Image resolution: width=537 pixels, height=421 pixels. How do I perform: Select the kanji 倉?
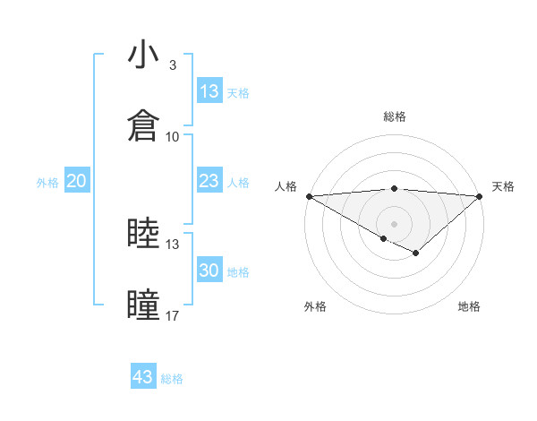pos(143,125)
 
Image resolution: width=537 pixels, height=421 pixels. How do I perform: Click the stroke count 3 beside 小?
pos(173,65)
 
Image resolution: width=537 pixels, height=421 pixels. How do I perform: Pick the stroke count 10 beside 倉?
pos(173,136)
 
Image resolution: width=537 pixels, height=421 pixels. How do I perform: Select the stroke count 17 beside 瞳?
pos(173,315)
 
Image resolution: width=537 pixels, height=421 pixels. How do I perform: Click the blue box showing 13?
pos(209,91)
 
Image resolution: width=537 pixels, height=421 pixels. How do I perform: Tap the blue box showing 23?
pos(209,181)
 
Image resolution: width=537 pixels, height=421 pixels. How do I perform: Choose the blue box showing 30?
pos(209,271)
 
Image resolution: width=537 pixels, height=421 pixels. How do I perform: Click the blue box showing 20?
pos(77,181)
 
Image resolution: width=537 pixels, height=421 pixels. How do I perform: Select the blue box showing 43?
pos(143,377)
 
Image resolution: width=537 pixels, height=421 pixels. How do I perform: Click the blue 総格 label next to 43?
pos(172,379)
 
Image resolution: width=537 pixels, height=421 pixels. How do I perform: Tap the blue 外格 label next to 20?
pos(47,183)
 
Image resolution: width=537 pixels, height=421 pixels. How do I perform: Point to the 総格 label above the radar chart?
pos(395,116)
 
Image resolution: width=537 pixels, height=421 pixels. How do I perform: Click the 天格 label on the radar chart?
pos(504,186)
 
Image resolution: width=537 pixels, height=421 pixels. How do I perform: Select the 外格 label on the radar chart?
pos(315,306)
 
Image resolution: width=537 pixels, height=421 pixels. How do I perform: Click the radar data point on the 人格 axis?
pos(309,196)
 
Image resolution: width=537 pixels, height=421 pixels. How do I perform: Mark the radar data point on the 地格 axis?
pos(416,254)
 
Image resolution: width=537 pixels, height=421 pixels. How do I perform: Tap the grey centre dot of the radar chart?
pos(395,223)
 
